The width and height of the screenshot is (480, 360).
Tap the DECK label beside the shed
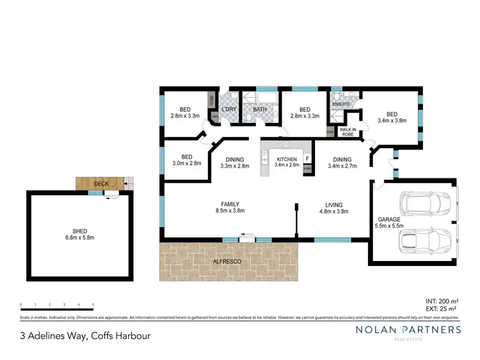pos(101,184)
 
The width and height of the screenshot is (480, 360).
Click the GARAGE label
pos(388,219)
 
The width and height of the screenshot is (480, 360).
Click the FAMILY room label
pos(232,203)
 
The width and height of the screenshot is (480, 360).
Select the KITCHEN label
pos(286,159)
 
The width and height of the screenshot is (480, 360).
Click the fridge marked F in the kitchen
pos(307,158)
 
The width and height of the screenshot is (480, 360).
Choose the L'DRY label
pos(229,109)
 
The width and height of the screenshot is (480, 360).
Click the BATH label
pos(260,109)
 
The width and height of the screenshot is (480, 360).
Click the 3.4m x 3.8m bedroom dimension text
pos(392,120)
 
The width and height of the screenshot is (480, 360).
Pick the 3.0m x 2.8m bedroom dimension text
pos(186,164)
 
